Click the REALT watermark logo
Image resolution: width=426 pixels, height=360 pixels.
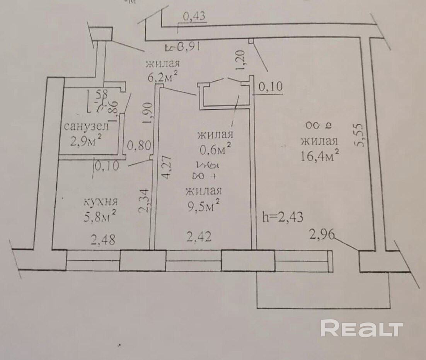[x=362, y=329]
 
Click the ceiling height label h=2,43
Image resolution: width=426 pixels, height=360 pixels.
[x=282, y=217]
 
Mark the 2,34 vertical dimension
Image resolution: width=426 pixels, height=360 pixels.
[x=144, y=200]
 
